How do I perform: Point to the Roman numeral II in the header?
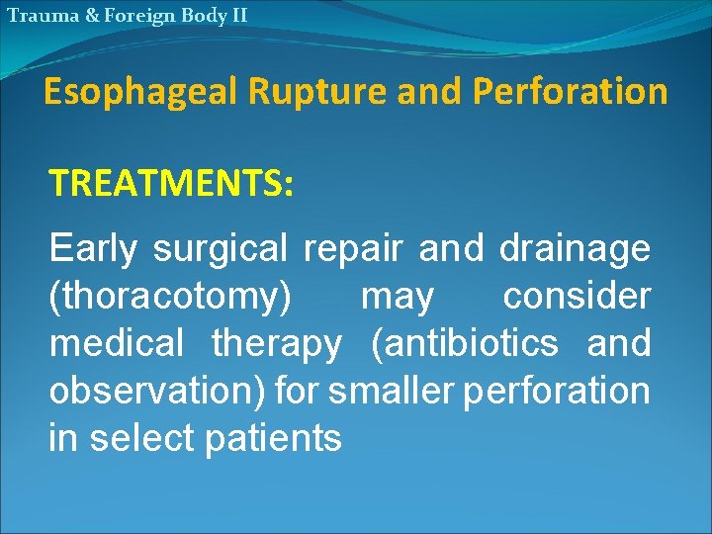coord(236,15)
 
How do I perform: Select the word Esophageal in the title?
coord(141,92)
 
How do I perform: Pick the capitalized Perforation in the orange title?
coord(571,92)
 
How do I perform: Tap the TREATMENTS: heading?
coord(171,183)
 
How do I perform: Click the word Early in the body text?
coord(94,248)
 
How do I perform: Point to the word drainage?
coord(575,248)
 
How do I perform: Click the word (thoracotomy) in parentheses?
coord(170,296)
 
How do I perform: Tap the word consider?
coord(577,296)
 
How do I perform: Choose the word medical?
coord(117,343)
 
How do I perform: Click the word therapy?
coord(277,343)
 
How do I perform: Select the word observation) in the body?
coord(158,391)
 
